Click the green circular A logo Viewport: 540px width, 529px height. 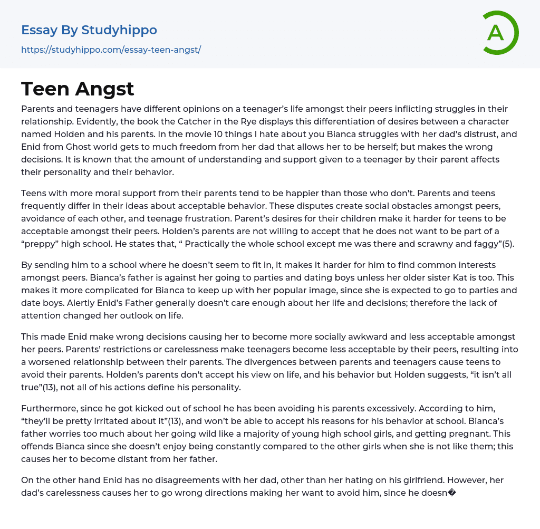[498, 33]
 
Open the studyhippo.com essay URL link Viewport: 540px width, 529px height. [111, 50]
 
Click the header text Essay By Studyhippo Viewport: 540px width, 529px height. [89, 30]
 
